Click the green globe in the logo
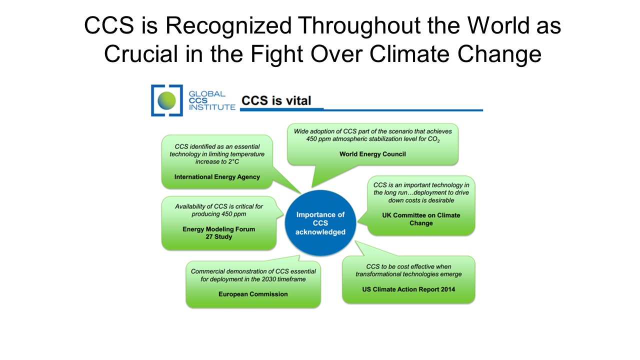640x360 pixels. (166, 100)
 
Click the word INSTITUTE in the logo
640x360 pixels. (212, 107)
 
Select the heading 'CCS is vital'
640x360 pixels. (276, 100)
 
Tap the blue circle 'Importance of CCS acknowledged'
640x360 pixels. (320, 223)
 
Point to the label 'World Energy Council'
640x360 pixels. (372, 154)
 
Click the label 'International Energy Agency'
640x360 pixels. (217, 177)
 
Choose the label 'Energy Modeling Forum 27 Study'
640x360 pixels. (219, 233)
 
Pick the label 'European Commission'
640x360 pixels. (253, 294)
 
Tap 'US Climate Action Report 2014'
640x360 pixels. (408, 289)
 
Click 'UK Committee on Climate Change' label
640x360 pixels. (421, 219)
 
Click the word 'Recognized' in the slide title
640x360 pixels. (228, 26)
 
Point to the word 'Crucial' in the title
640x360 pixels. (141, 53)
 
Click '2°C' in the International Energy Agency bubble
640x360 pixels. (233, 161)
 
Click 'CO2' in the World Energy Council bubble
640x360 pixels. (433, 139)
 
